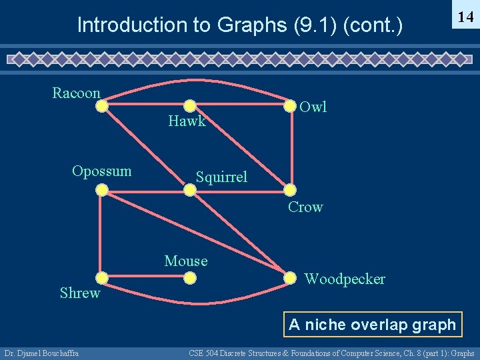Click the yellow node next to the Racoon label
tap(101, 105)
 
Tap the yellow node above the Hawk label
tap(190, 105)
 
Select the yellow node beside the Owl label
tap(289, 105)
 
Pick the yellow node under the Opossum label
tap(101, 190)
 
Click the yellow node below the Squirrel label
tap(190, 190)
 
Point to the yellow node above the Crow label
tap(289, 190)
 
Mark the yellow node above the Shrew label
tap(101, 277)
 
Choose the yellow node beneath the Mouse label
tap(190, 277)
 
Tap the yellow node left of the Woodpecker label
tap(289, 277)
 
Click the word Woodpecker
tap(345, 279)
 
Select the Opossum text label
tap(101, 171)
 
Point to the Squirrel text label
tap(221, 177)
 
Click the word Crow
tap(305, 207)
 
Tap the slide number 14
tap(465, 18)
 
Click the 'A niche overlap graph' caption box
tap(372, 325)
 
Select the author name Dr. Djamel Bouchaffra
tap(41, 353)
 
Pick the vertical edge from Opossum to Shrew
tap(101, 233)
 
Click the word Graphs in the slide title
tap(254, 25)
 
